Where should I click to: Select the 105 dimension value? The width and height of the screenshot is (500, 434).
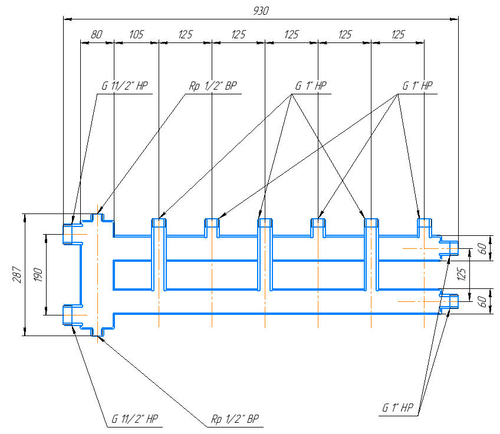click(136, 35)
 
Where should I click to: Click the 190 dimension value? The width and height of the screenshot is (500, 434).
click(38, 275)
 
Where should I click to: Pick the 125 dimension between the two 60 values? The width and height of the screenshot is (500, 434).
click(462, 275)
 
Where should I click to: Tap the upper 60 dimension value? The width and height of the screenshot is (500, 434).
click(482, 249)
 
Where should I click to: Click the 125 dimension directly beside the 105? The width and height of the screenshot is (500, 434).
click(185, 35)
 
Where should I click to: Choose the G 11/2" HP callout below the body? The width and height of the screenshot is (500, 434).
click(135, 419)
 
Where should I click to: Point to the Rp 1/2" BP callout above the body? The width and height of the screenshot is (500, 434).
click(213, 86)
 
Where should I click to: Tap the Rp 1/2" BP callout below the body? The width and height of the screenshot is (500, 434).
click(235, 419)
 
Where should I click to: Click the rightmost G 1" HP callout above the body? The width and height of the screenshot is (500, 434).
click(417, 86)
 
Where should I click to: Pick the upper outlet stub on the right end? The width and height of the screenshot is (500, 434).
click(449, 248)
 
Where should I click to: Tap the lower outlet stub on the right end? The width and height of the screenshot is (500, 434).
click(449, 301)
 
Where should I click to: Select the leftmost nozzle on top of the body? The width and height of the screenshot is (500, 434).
click(159, 223)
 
